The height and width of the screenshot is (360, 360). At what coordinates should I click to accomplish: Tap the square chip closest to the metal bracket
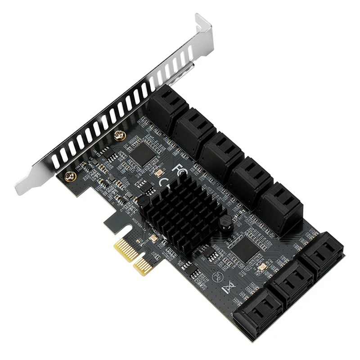(x=143, y=153)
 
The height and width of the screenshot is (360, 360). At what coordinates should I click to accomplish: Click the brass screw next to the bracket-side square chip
(x=119, y=135)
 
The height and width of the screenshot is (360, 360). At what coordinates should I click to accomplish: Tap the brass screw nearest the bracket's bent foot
(x=69, y=176)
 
